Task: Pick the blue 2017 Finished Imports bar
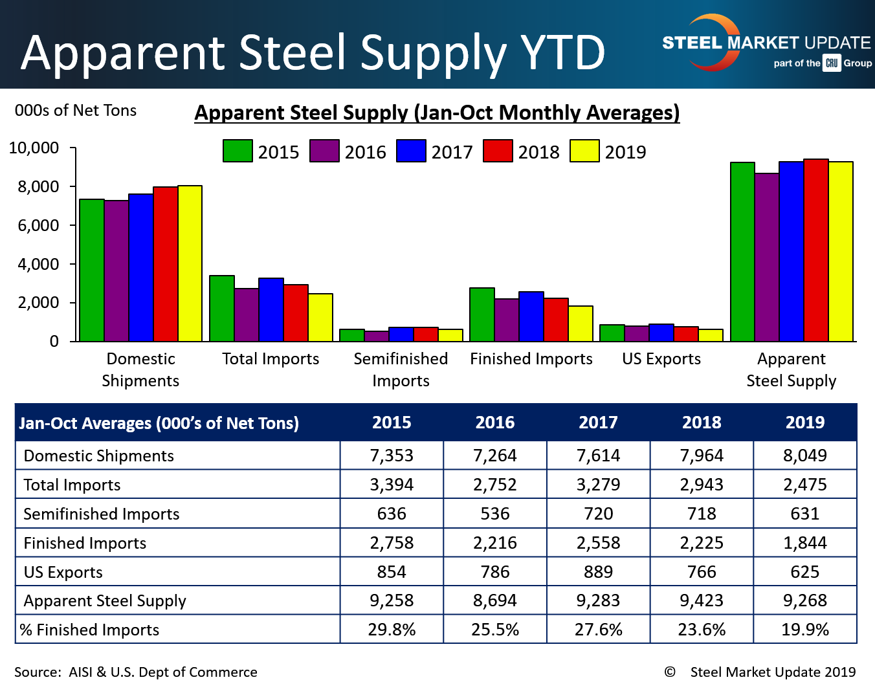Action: click(x=531, y=316)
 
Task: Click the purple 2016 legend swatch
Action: click(x=324, y=151)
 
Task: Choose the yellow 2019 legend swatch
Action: click(x=584, y=151)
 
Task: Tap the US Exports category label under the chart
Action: click(x=661, y=358)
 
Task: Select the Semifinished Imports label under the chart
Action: click(x=401, y=369)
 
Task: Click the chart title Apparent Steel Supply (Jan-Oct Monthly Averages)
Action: click(x=437, y=113)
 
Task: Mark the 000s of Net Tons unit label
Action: click(x=76, y=110)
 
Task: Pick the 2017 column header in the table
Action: click(x=598, y=423)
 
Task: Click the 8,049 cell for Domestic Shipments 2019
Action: click(x=804, y=456)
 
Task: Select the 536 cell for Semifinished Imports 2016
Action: click(x=495, y=514)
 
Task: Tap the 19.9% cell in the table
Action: click(x=804, y=630)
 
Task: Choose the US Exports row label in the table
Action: click(x=63, y=572)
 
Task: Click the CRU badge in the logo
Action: click(x=832, y=63)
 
